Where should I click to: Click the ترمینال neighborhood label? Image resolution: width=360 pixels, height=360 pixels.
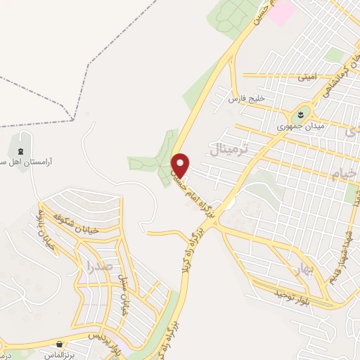coord(226,148)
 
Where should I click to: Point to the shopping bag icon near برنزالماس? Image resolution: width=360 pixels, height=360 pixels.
coord(61,344)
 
